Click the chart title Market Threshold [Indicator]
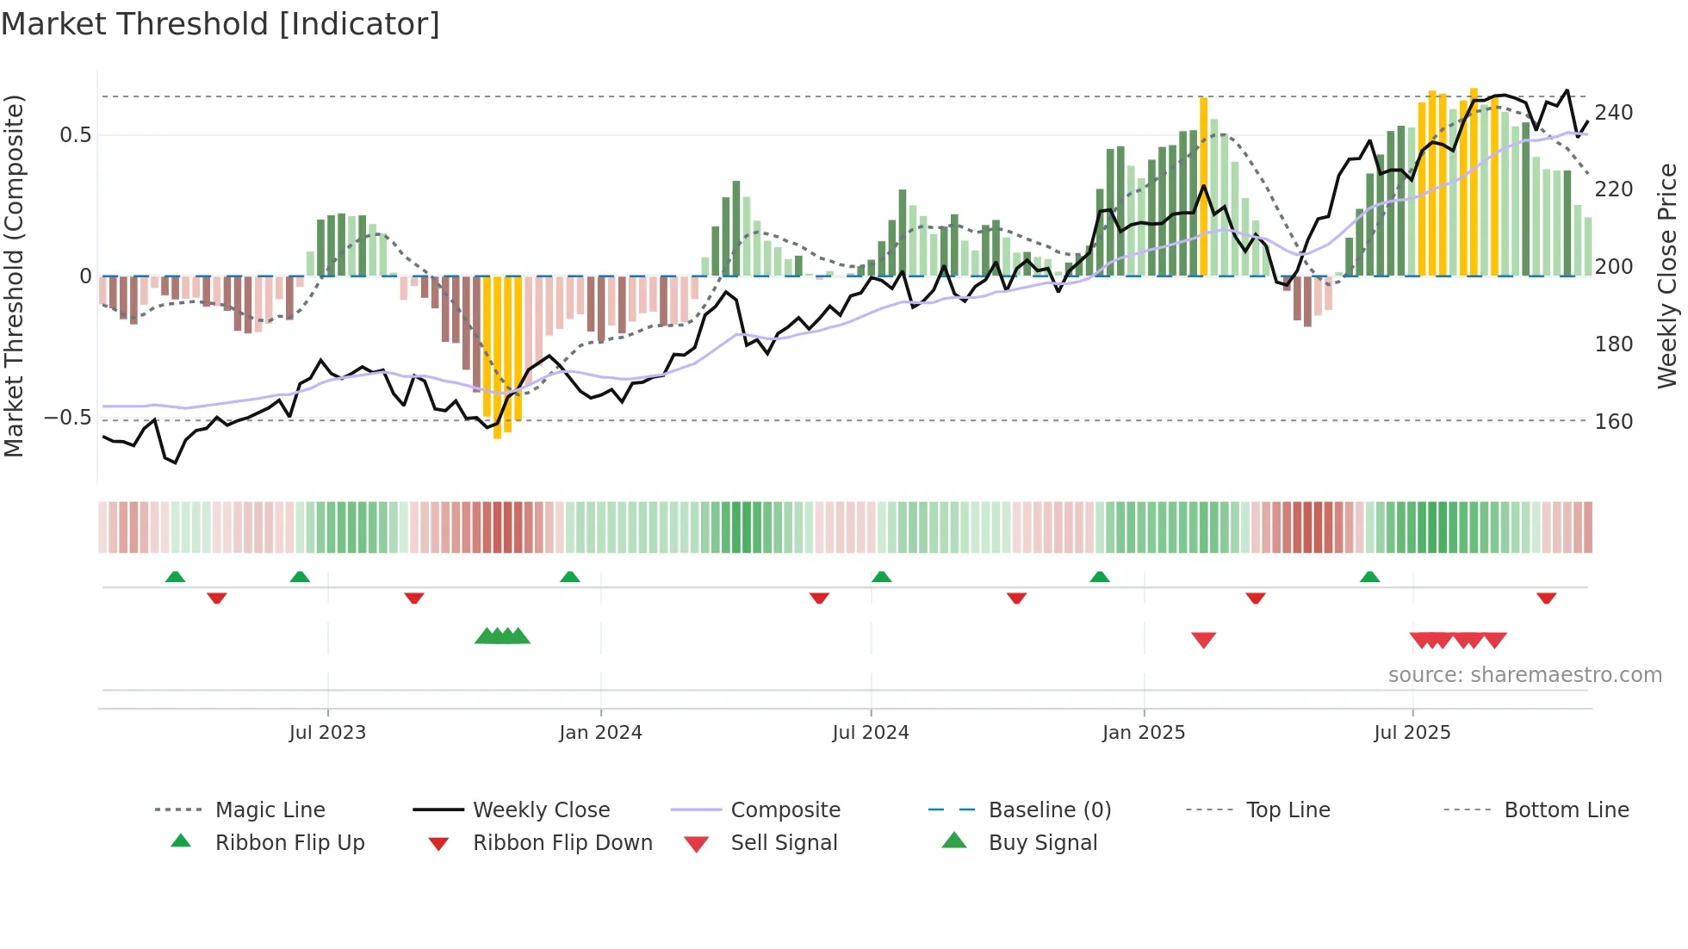(x=220, y=24)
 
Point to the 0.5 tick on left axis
(x=75, y=135)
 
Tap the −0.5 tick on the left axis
(x=67, y=419)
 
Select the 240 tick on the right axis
(x=1614, y=113)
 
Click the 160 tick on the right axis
(x=1614, y=422)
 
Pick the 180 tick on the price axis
(x=1614, y=344)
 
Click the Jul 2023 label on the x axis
(x=327, y=733)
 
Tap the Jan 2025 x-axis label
(x=1144, y=733)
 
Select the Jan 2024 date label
(x=600, y=733)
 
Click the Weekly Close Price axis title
(x=1667, y=276)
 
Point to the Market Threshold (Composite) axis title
(x=14, y=276)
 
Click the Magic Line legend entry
(x=270, y=810)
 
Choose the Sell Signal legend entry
(x=784, y=843)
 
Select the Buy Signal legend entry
(x=1042, y=843)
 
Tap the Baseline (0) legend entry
(x=1049, y=810)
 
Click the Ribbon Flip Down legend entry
(x=562, y=843)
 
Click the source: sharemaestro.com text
(x=1524, y=675)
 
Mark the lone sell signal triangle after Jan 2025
(x=1203, y=640)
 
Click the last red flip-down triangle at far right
(x=1546, y=598)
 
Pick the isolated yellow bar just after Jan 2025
(x=1203, y=185)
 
